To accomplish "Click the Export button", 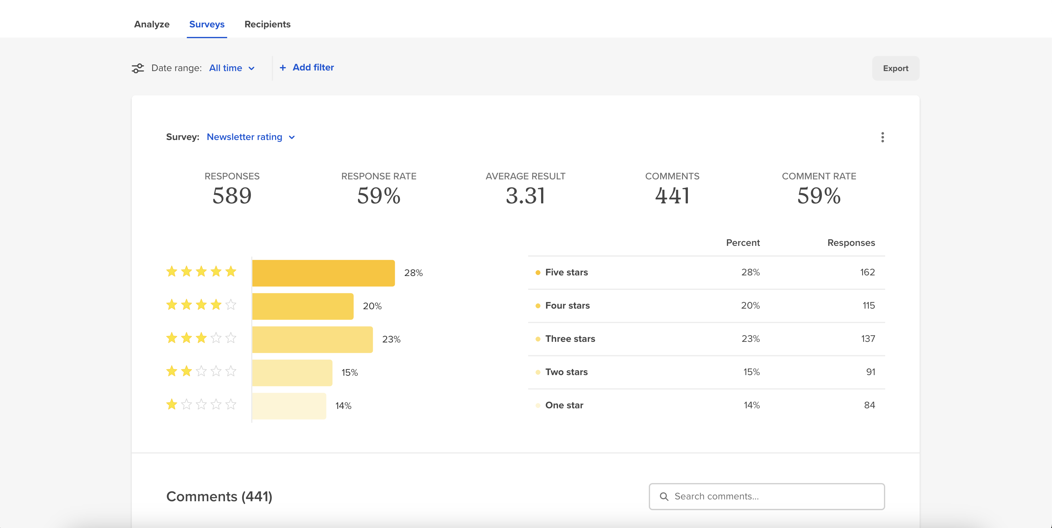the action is [x=896, y=68].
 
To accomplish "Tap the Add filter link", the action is [x=307, y=67].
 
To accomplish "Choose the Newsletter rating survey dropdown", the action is [x=251, y=137].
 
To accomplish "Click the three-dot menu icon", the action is [x=882, y=137].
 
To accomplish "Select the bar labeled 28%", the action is [x=323, y=273].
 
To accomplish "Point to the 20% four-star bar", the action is [x=303, y=306].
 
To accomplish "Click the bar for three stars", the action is [x=312, y=339].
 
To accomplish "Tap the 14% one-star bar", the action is [x=289, y=406].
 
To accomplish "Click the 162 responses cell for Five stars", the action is [x=867, y=272].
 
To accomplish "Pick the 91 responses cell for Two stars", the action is [x=870, y=372].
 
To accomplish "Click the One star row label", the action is [x=564, y=405].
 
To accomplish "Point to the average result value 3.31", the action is [x=525, y=196].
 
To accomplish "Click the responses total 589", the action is [x=232, y=196].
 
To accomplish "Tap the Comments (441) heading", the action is [x=219, y=497].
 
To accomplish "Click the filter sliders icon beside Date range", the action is [x=138, y=68].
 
